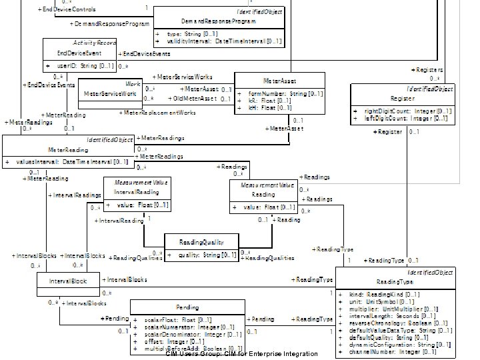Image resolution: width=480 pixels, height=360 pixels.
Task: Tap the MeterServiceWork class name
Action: (x=110, y=94)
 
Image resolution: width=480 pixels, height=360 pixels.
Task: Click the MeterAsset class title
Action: (x=280, y=81)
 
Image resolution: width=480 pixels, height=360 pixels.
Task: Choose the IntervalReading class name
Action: (x=137, y=192)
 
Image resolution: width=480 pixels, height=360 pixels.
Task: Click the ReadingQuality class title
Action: (x=201, y=241)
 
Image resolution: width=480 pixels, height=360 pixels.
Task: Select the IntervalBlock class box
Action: (x=67, y=281)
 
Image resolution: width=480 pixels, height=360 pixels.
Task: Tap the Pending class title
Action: (x=187, y=307)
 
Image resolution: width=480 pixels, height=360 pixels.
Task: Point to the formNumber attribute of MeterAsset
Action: (x=286, y=94)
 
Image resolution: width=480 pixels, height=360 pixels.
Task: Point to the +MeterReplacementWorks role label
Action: (x=161, y=113)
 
